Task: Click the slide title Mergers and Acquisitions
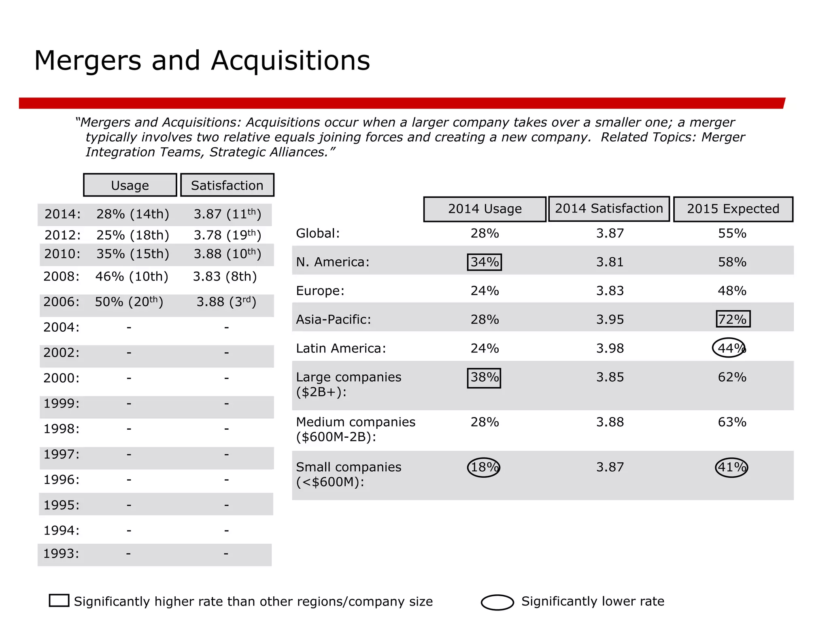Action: (x=202, y=61)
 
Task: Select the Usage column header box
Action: (x=130, y=185)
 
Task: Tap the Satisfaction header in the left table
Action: (x=227, y=185)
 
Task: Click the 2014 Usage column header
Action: (x=485, y=209)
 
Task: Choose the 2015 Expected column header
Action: (x=733, y=209)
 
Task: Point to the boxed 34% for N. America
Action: (x=485, y=262)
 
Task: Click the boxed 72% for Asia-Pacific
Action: (x=733, y=319)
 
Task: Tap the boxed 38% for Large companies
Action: (x=484, y=377)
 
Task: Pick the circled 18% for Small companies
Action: (x=484, y=467)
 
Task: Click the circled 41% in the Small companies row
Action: (x=731, y=467)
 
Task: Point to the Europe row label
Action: (x=320, y=291)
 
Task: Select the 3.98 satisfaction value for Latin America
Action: (x=610, y=348)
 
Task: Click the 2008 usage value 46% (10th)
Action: (x=132, y=277)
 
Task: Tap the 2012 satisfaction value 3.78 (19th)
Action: (x=227, y=235)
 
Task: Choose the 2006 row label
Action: (x=62, y=302)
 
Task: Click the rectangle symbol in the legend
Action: (x=59, y=600)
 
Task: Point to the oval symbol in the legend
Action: (x=497, y=602)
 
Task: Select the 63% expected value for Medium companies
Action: (x=732, y=422)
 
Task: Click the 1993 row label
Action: (x=61, y=553)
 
